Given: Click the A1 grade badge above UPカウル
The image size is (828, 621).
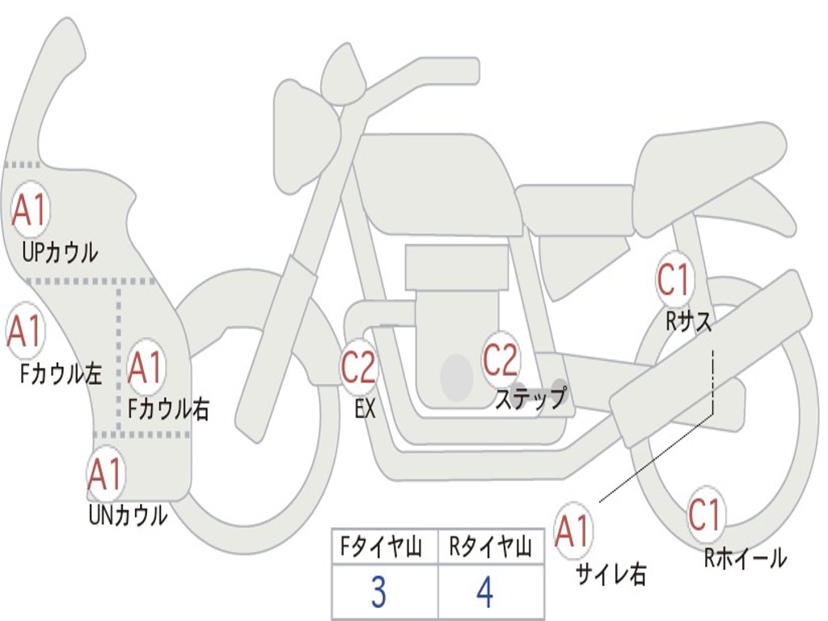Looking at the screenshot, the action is (30, 210).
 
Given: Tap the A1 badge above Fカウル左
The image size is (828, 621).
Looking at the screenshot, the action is (24, 331).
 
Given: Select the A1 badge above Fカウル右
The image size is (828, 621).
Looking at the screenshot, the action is (146, 368).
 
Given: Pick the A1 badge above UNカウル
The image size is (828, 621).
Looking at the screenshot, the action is (105, 475).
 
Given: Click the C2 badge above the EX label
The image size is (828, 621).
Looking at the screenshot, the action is (358, 368).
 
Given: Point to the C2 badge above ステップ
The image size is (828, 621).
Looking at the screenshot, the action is (501, 360).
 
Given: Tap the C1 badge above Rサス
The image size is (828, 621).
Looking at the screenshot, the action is (674, 281).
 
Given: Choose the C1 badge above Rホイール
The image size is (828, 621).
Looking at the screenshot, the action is (704, 513).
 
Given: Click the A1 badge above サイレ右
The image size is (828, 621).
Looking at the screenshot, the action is (573, 531).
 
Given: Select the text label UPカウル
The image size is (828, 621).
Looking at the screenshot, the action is (60, 252).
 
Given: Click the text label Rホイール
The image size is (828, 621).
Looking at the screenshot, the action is (745, 557).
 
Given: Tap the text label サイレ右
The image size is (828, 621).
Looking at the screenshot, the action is (611, 573).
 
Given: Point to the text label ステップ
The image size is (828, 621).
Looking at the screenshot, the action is (530, 398).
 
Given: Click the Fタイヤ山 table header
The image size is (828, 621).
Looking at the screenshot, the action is (379, 549).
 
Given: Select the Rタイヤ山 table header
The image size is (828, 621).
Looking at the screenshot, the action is (491, 549).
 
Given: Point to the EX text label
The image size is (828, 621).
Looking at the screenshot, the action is (365, 408).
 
